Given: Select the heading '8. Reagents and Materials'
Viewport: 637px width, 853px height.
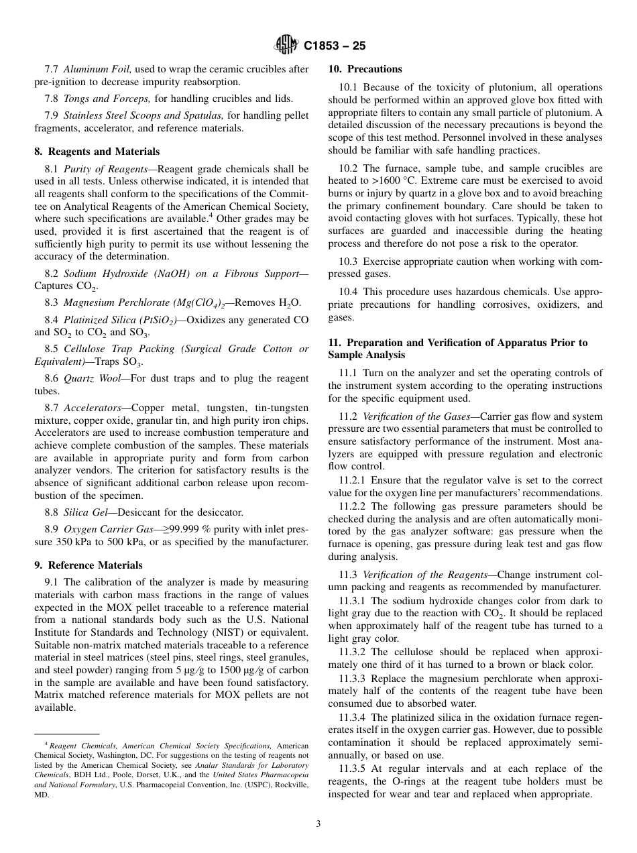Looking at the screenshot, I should tap(97, 152).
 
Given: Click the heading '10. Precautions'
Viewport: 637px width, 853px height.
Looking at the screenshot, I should tap(365, 69).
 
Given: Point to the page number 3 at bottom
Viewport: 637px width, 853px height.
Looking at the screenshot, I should tap(318, 824).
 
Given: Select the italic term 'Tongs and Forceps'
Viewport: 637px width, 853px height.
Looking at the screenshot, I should tap(103, 99).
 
